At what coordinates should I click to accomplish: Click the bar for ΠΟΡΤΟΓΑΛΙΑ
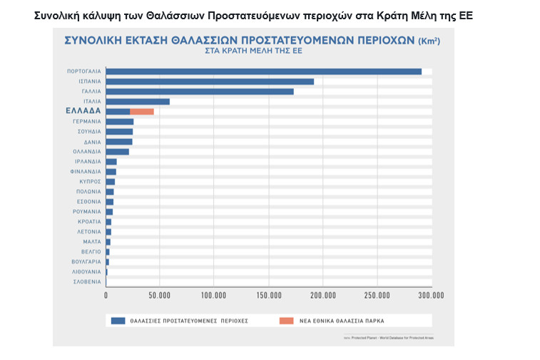263,71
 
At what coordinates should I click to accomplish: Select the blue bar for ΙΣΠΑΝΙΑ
210,81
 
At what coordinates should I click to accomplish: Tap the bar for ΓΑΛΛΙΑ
200,91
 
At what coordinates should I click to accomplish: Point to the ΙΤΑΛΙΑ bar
138,101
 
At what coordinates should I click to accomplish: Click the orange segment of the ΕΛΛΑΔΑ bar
142,111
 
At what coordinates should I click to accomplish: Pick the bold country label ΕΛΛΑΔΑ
83,111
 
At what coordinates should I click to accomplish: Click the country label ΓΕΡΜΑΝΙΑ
87,122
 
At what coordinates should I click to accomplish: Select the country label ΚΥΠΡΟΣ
90,182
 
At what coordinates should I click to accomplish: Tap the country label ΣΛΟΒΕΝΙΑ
87,282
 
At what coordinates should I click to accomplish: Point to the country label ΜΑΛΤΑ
91,242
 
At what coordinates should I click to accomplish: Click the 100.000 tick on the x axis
214,295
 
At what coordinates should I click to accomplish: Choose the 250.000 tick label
377,295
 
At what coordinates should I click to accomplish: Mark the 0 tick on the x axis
106,295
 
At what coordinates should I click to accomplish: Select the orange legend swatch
285,321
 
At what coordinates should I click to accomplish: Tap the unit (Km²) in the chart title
428,41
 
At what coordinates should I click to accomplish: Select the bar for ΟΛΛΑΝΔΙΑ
118,152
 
